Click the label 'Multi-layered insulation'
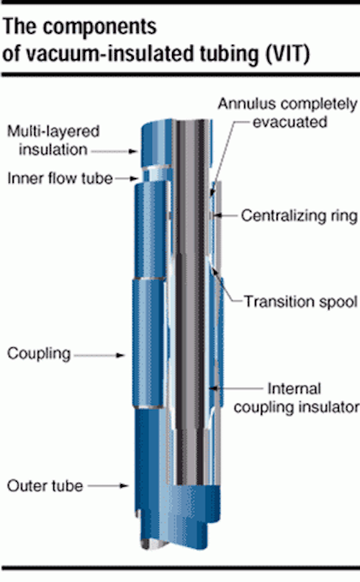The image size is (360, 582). pyautogui.click(x=53, y=140)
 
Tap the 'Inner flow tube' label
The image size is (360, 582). pyautogui.click(x=60, y=179)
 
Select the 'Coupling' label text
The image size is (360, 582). pyautogui.click(x=39, y=354)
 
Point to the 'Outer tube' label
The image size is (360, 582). pyautogui.click(x=45, y=486)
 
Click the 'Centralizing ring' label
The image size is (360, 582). pyautogui.click(x=299, y=215)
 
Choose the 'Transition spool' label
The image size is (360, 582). pyautogui.click(x=301, y=302)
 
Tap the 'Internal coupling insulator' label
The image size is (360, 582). pyautogui.click(x=296, y=398)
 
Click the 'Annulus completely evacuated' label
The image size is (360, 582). pyautogui.click(x=287, y=113)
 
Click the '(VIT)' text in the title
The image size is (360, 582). pyautogui.click(x=287, y=53)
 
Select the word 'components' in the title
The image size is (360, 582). pyautogui.click(x=100, y=27)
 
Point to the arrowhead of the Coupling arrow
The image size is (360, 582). pyautogui.click(x=120, y=355)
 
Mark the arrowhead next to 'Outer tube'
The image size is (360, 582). pyautogui.click(x=124, y=485)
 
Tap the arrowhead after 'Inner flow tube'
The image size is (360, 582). pyautogui.click(x=134, y=179)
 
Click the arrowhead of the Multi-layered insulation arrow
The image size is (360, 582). pyautogui.click(x=133, y=151)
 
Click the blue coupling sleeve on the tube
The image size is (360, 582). pyautogui.click(x=148, y=343)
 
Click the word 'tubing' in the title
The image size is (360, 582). pyautogui.click(x=230, y=54)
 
